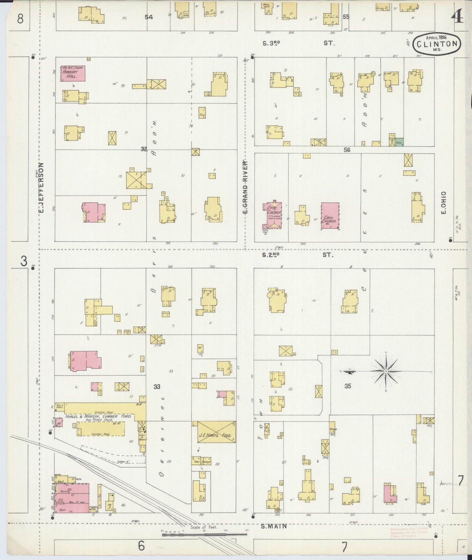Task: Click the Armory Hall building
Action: (x=73, y=74)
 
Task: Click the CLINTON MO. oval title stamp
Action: (x=437, y=43)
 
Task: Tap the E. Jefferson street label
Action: (x=41, y=189)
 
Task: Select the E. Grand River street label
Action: (x=245, y=187)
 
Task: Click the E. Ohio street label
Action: (x=443, y=203)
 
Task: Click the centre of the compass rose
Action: (x=386, y=371)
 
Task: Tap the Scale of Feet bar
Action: (x=204, y=535)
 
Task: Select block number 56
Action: (x=347, y=150)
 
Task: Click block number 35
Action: (x=348, y=386)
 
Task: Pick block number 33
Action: (x=157, y=387)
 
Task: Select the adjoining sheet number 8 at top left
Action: (x=20, y=19)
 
